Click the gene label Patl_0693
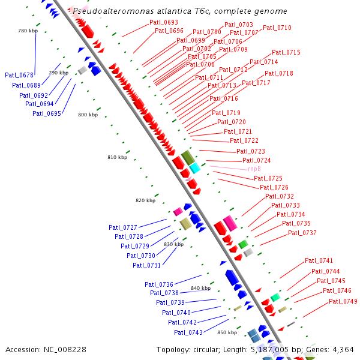(x=164, y=22)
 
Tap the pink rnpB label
(x=254, y=169)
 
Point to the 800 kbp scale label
(x=88, y=115)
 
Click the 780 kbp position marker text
(x=28, y=31)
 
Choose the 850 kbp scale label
(x=227, y=332)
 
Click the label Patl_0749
(x=343, y=301)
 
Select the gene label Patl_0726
(x=274, y=187)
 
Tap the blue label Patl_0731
(x=146, y=265)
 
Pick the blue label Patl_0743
(x=188, y=332)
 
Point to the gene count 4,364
(x=343, y=349)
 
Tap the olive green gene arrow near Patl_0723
(x=188, y=158)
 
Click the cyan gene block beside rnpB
(x=194, y=168)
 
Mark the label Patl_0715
(x=286, y=53)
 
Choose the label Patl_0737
(x=302, y=233)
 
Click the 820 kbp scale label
(x=145, y=200)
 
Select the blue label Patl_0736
(x=158, y=284)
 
